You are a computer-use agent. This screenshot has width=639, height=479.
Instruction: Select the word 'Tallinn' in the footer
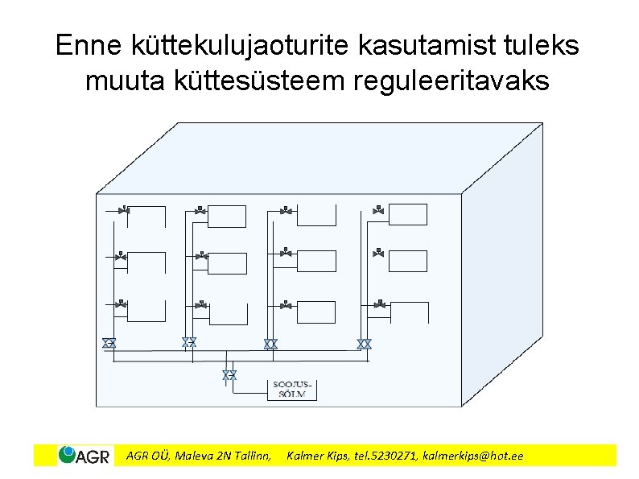(251, 456)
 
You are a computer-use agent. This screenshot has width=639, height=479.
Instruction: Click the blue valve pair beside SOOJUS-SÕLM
(229, 375)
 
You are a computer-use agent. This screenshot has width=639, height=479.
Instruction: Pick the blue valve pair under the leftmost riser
(109, 344)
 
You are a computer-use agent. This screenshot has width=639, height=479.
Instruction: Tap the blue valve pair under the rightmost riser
(364, 344)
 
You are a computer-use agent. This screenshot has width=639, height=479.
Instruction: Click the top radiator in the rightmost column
(408, 215)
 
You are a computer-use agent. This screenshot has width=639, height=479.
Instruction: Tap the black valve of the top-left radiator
(123, 209)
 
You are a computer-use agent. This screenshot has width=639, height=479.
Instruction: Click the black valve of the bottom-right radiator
(377, 304)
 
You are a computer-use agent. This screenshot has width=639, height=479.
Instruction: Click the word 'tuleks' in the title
(543, 46)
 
